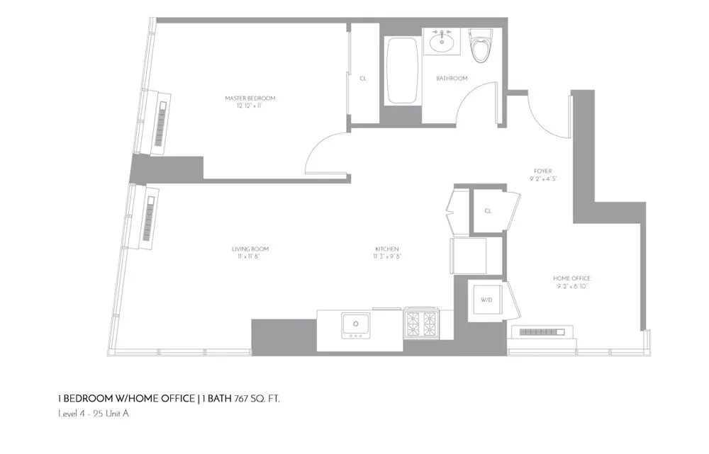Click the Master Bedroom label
click(x=250, y=98)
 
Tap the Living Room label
click(x=250, y=249)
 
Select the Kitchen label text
click(x=386, y=249)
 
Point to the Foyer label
click(x=543, y=171)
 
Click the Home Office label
click(x=571, y=278)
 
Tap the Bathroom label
click(x=452, y=79)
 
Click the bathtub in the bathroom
click(x=403, y=71)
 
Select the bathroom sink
click(x=442, y=42)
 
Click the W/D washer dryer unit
click(x=487, y=300)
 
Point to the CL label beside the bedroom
click(x=363, y=79)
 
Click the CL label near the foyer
click(x=488, y=211)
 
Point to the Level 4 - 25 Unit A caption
click(x=93, y=414)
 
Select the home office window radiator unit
click(x=542, y=332)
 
